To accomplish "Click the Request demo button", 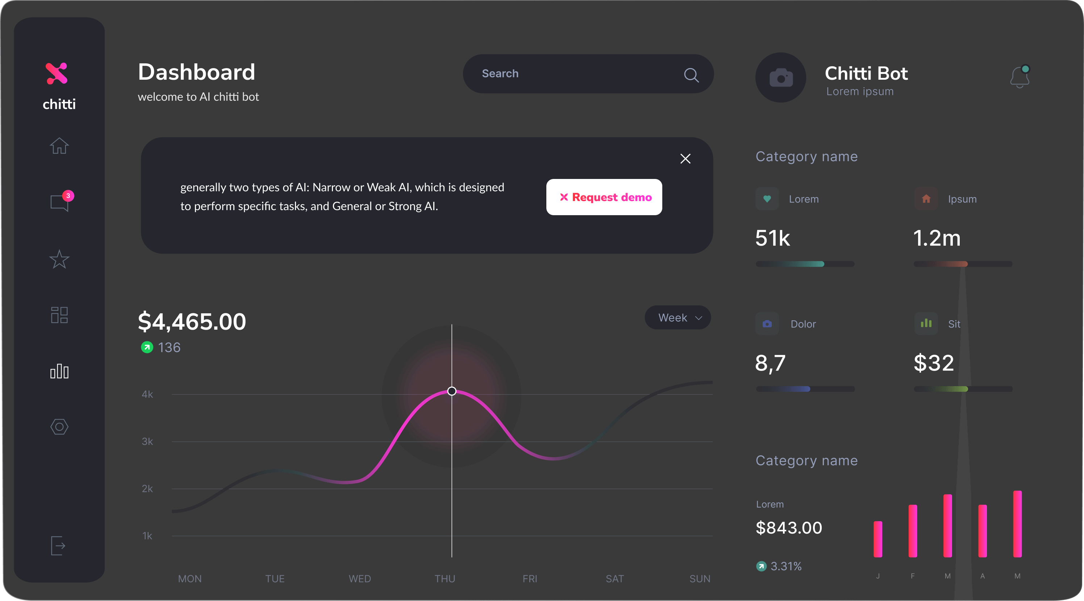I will coord(604,197).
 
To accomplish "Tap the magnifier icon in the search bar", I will coord(691,75).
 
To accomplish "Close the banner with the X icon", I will coord(685,159).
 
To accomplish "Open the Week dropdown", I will coord(677,318).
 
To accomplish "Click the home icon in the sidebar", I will coord(59,146).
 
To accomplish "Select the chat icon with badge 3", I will coord(59,203).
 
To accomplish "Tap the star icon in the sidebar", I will coord(59,259).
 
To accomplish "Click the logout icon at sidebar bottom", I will coord(58,546).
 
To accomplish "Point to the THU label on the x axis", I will coord(445,579).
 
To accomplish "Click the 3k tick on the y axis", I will coord(147,442).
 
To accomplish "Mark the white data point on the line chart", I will coord(452,391).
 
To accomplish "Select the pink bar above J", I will coord(878,539).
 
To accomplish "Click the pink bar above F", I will coord(913,531).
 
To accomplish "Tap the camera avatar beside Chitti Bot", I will coord(781,78).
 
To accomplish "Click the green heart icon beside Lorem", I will coord(767,199).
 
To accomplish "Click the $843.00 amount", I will coord(789,528).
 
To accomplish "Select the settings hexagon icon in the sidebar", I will coord(59,427).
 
